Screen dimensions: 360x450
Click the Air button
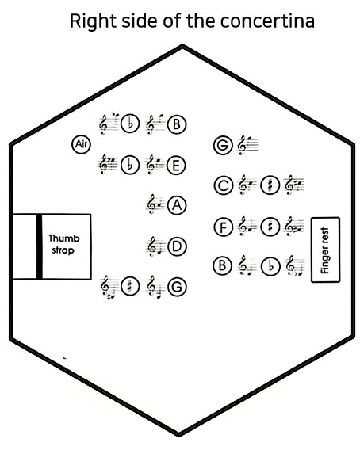81,144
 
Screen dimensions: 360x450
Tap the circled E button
177,166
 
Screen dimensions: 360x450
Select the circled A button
177,205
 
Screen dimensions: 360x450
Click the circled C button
224,185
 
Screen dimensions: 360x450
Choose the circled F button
224,227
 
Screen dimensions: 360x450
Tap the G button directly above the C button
224,145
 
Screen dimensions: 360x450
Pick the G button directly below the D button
177,287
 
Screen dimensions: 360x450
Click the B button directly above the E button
177,124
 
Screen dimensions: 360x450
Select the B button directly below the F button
223,265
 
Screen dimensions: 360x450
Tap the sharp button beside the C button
270,185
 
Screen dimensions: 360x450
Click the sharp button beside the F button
270,227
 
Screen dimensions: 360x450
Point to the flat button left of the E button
130,166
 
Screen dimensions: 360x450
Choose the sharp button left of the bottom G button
130,287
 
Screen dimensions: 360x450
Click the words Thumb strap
63,244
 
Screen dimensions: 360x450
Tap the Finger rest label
324,250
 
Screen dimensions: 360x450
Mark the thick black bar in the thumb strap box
40,246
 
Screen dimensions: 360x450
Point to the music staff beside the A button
155,204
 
